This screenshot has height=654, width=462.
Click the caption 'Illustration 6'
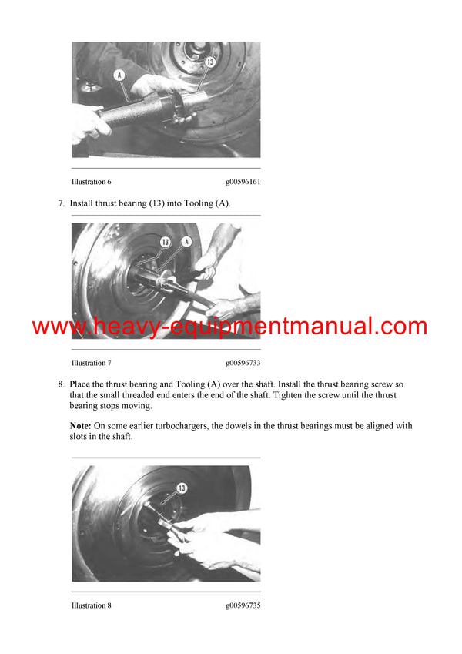pyautogui.click(x=92, y=182)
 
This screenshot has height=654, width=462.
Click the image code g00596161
pyautogui.click(x=243, y=182)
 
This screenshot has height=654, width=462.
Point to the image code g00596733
pyautogui.click(x=243, y=363)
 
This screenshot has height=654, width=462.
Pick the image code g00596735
pyautogui.click(x=243, y=605)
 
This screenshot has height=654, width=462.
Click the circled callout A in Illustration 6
pyautogui.click(x=119, y=75)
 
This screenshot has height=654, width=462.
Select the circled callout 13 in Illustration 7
pyautogui.click(x=166, y=242)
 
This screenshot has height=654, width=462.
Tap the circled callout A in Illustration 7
pyautogui.click(x=186, y=242)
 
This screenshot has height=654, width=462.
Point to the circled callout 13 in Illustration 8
pyautogui.click(x=182, y=487)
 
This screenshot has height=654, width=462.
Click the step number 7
pyautogui.click(x=61, y=203)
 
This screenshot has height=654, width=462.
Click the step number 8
pyautogui.click(x=61, y=384)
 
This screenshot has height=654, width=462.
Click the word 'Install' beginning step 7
pyautogui.click(x=83, y=203)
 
